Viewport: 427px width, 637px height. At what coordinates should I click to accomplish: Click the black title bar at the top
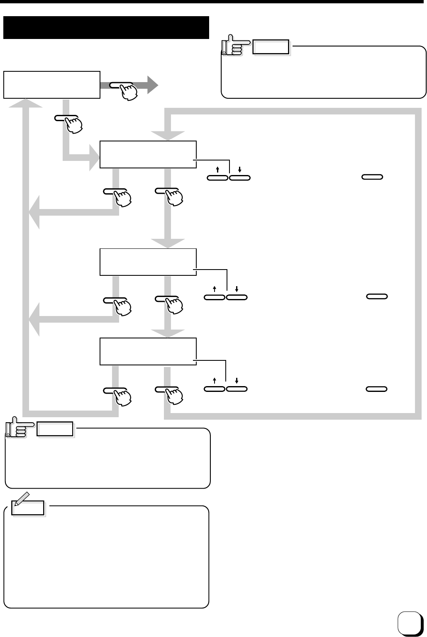106,27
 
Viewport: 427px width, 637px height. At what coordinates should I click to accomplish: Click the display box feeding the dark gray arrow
51,85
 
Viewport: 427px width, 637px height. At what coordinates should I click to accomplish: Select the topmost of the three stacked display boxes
148,154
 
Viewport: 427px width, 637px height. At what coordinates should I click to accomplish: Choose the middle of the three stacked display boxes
148,262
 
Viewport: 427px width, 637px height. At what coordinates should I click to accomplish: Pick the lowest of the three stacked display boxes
148,351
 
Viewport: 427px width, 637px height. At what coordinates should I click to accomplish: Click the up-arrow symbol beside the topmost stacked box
217,170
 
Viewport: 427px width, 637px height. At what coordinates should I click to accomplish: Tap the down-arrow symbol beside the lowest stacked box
237,380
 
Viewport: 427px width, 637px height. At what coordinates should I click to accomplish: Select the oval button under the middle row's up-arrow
215,297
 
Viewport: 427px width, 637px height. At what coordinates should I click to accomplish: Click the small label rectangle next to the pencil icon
29,508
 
